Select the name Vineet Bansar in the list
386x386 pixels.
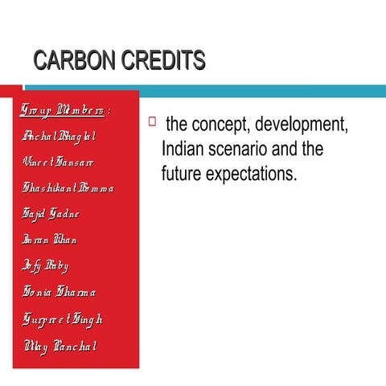(x=58, y=162)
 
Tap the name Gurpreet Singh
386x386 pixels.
(x=64, y=319)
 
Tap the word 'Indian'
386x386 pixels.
(x=184, y=150)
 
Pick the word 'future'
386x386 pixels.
(x=183, y=172)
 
